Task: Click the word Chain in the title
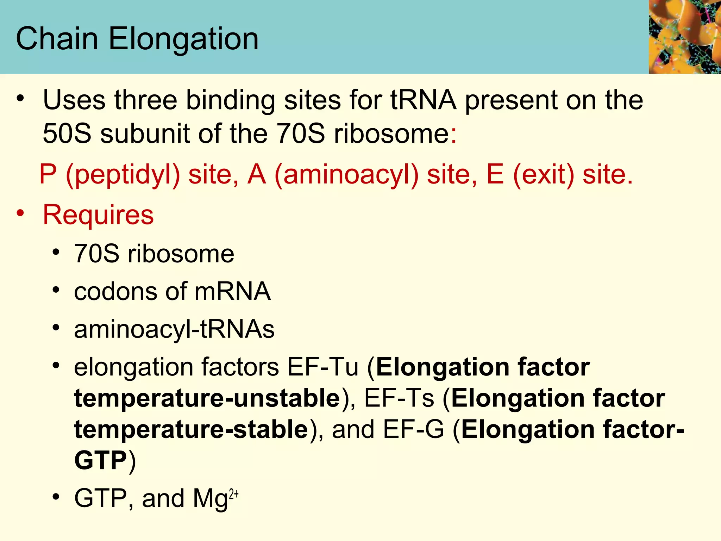[57, 39]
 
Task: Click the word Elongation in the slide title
[184, 39]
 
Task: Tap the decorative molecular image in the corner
[685, 37]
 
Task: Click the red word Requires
[98, 214]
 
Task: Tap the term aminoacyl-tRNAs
[174, 330]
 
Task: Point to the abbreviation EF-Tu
[323, 367]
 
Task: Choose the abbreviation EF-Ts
[399, 398]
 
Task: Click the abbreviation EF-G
[414, 429]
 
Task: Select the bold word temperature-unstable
[207, 398]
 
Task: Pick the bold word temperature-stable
[192, 429]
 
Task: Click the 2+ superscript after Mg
[234, 494]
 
